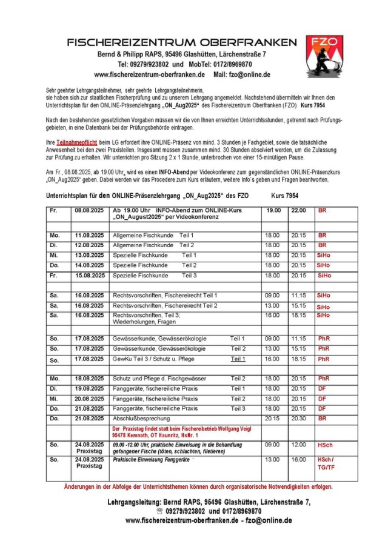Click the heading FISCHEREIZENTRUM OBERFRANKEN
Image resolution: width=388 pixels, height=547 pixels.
[182, 42]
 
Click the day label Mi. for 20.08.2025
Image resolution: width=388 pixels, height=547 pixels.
[55, 399]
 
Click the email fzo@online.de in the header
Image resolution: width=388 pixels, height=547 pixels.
[248, 75]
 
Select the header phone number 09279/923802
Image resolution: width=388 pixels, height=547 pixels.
[146, 64]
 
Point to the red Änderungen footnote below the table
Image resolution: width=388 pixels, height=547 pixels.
[198, 486]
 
